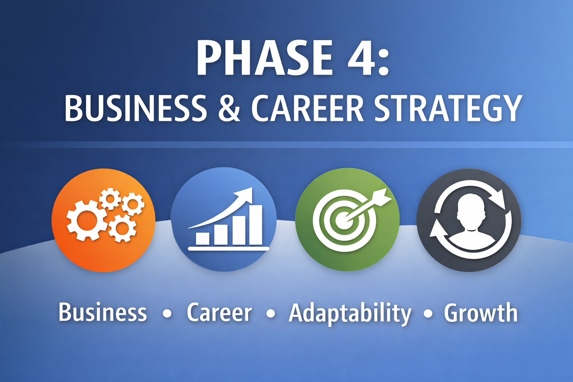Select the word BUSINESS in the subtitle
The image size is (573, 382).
pos(135,108)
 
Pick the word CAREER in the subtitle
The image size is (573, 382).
pos(307,108)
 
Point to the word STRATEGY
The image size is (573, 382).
pos(448,109)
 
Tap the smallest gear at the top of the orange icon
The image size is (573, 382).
pos(110,199)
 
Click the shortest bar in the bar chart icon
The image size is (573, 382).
pos(203,238)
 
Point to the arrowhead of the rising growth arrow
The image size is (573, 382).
pos(246,194)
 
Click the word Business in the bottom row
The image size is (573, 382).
pos(103,313)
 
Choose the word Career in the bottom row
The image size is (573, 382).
pos(219,313)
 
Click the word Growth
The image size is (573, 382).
pos(480,313)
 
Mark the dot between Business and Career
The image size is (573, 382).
pos(167,313)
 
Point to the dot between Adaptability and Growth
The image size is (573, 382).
pos(428,313)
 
